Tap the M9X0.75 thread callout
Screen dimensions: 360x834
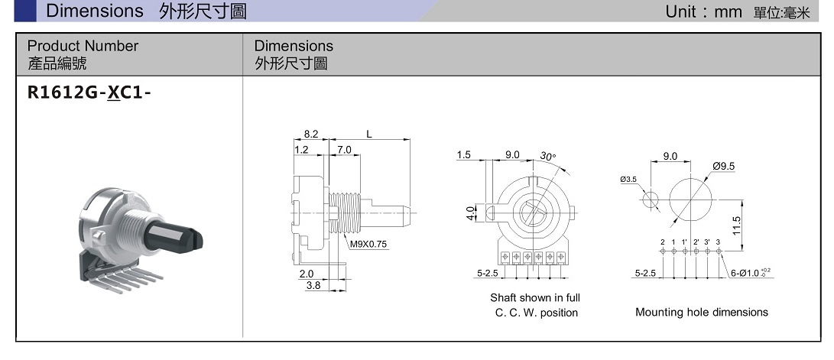pyautogui.click(x=368, y=245)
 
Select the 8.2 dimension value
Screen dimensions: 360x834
pyautogui.click(x=310, y=134)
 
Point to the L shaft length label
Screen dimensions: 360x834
pyautogui.click(x=369, y=134)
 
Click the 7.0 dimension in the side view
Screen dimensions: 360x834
pyautogui.click(x=343, y=150)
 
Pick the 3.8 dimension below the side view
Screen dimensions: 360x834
pyautogui.click(x=313, y=286)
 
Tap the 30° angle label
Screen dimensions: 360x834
pyautogui.click(x=548, y=156)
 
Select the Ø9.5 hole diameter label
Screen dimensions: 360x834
pyautogui.click(x=723, y=166)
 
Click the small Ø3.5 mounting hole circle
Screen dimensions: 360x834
pyautogui.click(x=651, y=201)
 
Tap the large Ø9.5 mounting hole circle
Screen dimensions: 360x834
pyautogui.click(x=691, y=201)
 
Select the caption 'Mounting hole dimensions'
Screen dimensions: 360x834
pyautogui.click(x=701, y=312)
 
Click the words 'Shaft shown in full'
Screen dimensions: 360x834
pyautogui.click(x=534, y=297)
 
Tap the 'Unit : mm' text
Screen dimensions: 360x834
pyautogui.click(x=704, y=11)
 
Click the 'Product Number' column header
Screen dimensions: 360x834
pyautogui.click(x=83, y=46)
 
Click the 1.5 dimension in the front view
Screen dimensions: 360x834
pyautogui.click(x=464, y=154)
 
